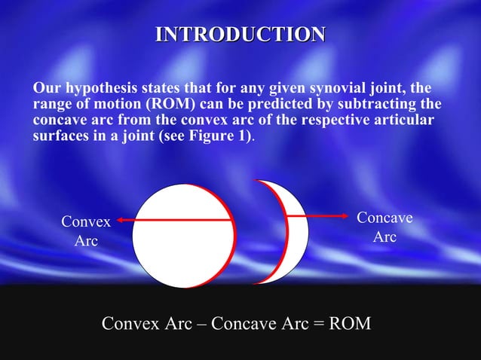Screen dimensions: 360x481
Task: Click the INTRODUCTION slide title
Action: pos(240,35)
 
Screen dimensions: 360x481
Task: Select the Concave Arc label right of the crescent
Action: pos(384,227)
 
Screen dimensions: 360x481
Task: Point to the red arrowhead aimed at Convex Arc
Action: pos(120,220)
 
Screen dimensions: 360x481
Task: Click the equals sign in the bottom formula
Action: pos(318,325)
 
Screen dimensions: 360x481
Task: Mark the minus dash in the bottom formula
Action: pos(201,325)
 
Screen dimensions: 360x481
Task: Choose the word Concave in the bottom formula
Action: pos(243,325)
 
